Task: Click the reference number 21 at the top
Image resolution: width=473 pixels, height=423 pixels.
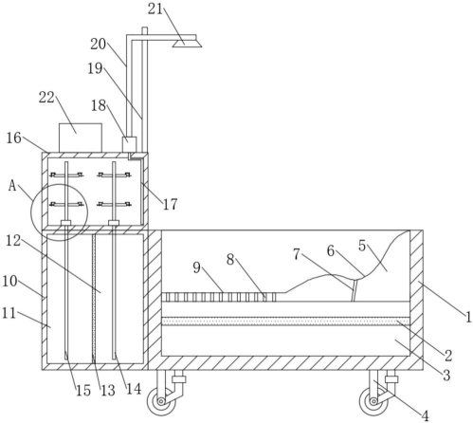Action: [x=155, y=9]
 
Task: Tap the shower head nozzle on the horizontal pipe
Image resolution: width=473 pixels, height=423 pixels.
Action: [x=187, y=42]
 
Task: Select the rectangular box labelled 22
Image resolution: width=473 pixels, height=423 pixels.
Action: [x=81, y=138]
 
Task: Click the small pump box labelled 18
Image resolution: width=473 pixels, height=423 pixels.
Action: [x=129, y=144]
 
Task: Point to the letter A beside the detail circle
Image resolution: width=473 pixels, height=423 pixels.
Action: [x=12, y=186]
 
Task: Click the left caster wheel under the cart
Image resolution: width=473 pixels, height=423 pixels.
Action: [x=161, y=401]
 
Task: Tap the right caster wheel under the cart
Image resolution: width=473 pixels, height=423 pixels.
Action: [x=373, y=401]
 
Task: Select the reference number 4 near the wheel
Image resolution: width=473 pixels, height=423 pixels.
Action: [x=426, y=415]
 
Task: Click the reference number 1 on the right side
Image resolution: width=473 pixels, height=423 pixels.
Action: [x=468, y=317]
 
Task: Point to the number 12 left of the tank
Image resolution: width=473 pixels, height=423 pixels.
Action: [x=13, y=241]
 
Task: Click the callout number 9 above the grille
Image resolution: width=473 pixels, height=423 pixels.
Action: [x=197, y=267]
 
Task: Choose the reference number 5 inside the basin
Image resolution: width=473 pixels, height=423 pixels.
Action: [x=362, y=246]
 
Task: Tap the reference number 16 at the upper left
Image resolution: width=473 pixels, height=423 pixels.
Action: [x=14, y=138]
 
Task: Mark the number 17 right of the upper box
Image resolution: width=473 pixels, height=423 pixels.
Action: [x=171, y=204]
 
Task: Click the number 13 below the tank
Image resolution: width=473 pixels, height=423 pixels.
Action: [x=108, y=391]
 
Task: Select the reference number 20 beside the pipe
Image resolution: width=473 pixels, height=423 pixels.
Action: [x=98, y=45]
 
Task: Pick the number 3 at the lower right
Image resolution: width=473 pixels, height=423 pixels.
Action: [x=446, y=376]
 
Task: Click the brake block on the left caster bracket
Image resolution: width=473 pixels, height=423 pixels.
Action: [x=178, y=379]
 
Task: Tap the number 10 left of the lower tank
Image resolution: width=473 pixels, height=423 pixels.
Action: [x=9, y=281]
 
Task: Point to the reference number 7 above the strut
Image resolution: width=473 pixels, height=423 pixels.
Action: [x=297, y=254]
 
